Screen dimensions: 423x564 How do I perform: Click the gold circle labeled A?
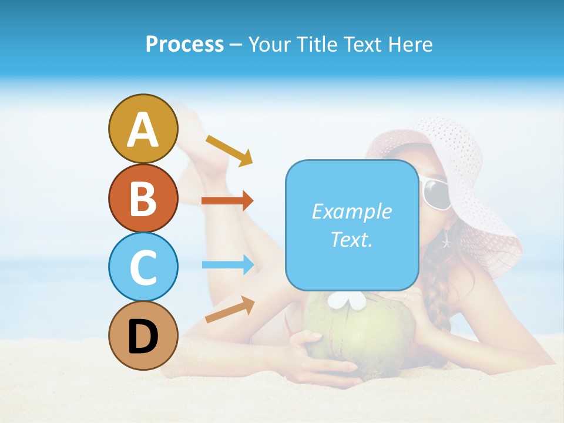click(x=143, y=129)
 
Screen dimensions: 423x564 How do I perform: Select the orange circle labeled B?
click(x=143, y=198)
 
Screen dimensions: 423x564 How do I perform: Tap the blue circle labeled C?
click(x=143, y=267)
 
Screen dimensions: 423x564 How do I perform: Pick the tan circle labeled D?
click(x=143, y=335)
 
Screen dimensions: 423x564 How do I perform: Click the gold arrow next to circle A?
click(x=229, y=149)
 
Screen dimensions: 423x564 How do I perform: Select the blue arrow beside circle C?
click(x=227, y=264)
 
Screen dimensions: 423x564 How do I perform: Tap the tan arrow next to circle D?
click(x=230, y=310)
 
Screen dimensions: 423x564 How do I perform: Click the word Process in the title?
click(x=184, y=44)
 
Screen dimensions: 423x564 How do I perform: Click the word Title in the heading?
click(x=317, y=44)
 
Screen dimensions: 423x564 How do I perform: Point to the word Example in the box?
click(x=351, y=211)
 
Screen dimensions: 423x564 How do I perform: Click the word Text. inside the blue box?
click(x=351, y=240)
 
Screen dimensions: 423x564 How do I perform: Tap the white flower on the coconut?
click(x=347, y=301)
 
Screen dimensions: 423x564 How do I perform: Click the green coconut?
click(x=364, y=335)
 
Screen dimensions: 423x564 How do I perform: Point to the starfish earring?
click(x=446, y=240)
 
